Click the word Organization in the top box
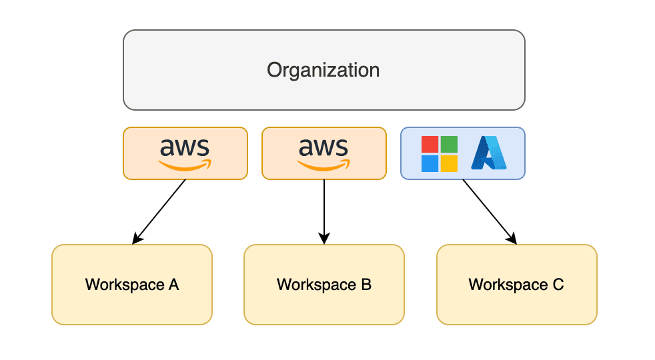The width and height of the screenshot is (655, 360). tap(323, 70)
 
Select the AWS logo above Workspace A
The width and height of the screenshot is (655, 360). tap(185, 154)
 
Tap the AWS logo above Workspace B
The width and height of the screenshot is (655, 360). tap(323, 154)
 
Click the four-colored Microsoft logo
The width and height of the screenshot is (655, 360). tap(440, 154)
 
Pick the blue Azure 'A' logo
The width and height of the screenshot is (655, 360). tap(489, 153)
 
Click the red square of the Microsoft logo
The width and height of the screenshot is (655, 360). tap(430, 144)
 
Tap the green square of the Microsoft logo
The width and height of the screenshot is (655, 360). tap(449, 144)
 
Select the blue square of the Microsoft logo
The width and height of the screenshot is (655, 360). tap(430, 163)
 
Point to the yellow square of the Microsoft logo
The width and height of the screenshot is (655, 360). tap(449, 163)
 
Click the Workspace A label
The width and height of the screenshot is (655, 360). tap(132, 285)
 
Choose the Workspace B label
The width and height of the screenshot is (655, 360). tap(324, 285)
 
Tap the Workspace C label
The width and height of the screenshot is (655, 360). tap(516, 285)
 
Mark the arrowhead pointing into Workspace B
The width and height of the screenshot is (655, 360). tap(324, 239)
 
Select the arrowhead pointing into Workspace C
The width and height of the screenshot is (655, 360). tap(512, 239)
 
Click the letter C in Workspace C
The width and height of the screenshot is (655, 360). tap(558, 285)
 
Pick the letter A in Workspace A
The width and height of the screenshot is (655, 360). tap(174, 285)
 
